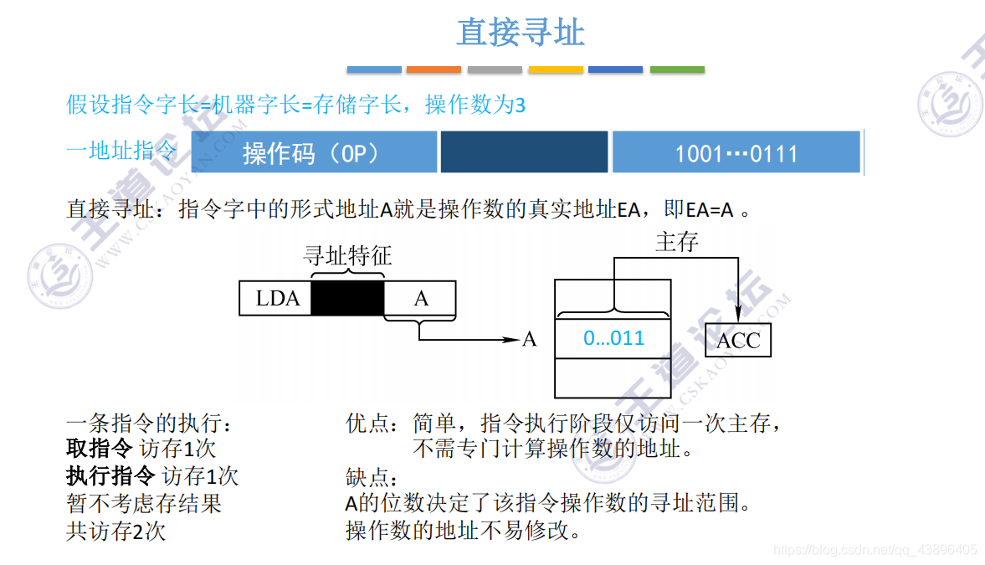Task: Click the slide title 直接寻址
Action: tap(520, 33)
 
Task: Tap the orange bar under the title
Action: tap(434, 69)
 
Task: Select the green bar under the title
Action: tap(677, 69)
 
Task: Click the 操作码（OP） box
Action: tap(314, 153)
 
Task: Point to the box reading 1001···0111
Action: tap(736, 153)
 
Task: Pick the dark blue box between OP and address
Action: tap(524, 152)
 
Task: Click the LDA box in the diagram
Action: tap(276, 299)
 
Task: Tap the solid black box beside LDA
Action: tap(347, 299)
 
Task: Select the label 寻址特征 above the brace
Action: tap(347, 255)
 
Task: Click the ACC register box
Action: tap(738, 340)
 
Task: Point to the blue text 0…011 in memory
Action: tap(614, 338)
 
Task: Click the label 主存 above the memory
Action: tap(676, 243)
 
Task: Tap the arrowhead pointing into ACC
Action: tap(737, 316)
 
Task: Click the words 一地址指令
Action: tap(122, 152)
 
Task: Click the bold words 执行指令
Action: tap(110, 475)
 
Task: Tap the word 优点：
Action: tap(372, 424)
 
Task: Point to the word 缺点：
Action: tap(371, 478)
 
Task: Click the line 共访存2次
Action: tap(115, 531)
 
